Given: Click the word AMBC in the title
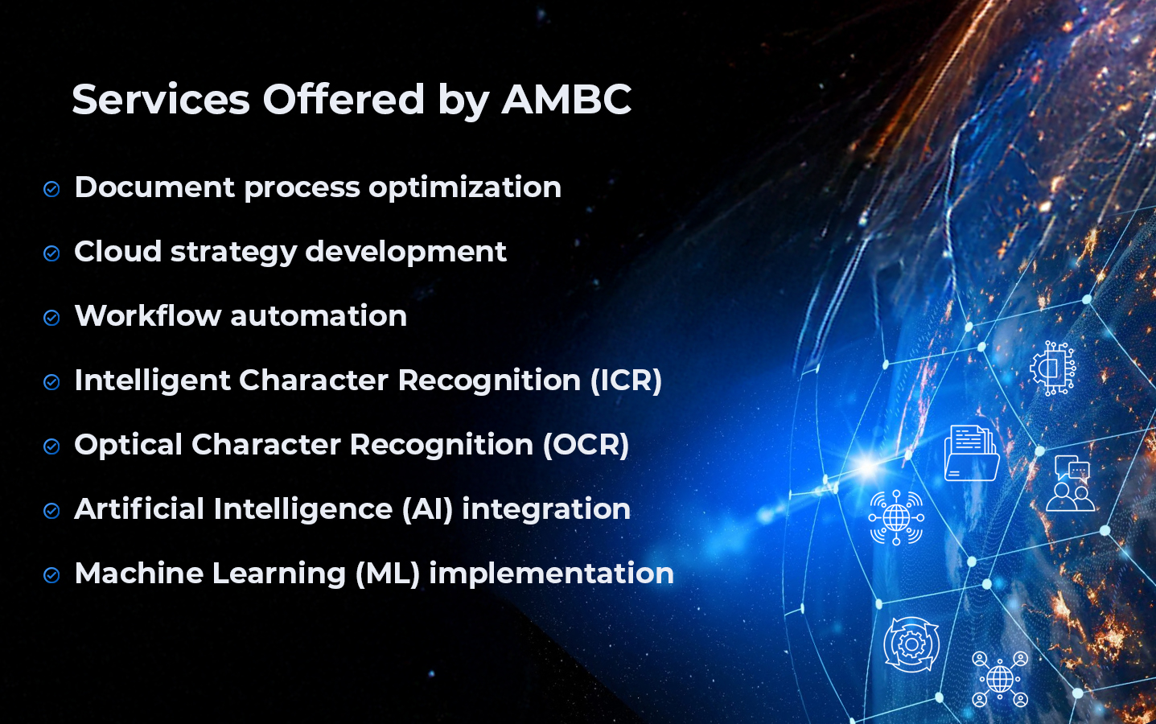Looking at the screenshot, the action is [566, 99].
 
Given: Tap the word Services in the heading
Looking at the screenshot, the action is [161, 99].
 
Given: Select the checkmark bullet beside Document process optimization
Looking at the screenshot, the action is [51, 189].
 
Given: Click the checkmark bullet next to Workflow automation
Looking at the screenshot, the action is [51, 318].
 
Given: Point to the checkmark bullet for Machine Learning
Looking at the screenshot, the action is [51, 575].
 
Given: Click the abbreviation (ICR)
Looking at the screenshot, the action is [626, 381].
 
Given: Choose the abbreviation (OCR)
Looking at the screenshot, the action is [586, 445].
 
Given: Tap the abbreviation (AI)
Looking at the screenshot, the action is [427, 509].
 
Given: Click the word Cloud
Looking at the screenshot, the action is [118, 251].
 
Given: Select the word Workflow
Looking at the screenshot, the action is [148, 315].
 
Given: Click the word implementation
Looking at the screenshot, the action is [552, 574].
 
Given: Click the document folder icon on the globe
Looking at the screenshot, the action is [971, 453].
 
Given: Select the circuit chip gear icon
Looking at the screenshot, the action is [1053, 368].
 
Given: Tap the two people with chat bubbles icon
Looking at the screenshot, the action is [1071, 483].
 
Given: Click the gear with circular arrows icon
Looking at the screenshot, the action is [911, 644].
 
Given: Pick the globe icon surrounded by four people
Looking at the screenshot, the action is [1000, 679].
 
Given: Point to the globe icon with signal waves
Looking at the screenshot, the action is [896, 517].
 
